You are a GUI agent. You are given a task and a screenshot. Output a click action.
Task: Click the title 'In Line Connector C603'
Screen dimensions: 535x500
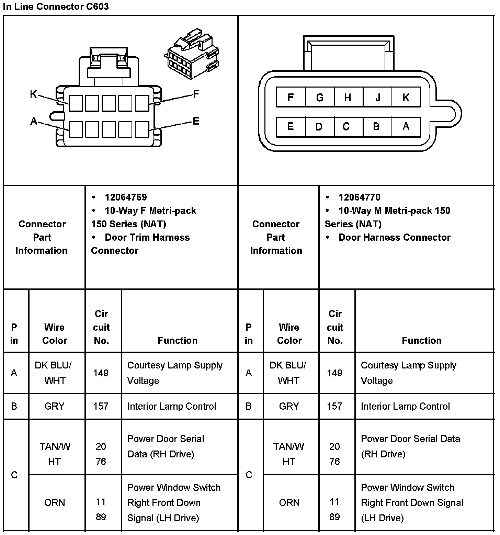(56, 7)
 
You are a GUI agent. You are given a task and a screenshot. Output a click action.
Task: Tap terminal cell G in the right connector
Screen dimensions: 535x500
(319, 98)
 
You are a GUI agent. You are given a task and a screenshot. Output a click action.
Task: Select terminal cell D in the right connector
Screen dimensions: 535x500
(319, 127)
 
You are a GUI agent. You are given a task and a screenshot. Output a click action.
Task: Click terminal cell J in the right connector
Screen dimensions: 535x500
(377, 98)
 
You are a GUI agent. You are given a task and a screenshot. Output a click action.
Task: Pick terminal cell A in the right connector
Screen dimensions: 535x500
(406, 127)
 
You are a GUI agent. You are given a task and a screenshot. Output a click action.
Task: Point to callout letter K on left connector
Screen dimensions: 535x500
(33, 94)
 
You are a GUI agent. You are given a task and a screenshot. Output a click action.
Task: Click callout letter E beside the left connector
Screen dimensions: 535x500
(196, 121)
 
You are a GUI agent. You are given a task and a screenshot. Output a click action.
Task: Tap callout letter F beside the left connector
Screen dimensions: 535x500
(196, 94)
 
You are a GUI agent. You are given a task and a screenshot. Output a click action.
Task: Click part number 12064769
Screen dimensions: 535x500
(126, 197)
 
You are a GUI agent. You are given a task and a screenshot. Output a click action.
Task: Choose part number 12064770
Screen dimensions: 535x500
(359, 197)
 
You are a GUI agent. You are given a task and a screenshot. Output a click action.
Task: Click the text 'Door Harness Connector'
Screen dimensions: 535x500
(394, 237)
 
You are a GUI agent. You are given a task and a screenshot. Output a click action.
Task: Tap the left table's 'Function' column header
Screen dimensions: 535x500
(178, 340)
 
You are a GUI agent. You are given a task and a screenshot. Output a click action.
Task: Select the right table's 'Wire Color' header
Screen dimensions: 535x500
(289, 333)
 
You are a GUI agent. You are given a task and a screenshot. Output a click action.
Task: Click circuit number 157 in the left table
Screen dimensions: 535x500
(101, 406)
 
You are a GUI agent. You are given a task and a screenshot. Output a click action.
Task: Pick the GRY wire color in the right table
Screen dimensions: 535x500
(289, 406)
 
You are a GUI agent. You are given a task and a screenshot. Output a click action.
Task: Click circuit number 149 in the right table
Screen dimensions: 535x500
(334, 373)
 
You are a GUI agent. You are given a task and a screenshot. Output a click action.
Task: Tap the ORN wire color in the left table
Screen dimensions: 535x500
(54, 502)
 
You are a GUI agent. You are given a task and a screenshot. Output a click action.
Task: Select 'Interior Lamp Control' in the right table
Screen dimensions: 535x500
(405, 406)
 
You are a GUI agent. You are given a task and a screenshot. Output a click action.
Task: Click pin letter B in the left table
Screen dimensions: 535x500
(14, 406)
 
